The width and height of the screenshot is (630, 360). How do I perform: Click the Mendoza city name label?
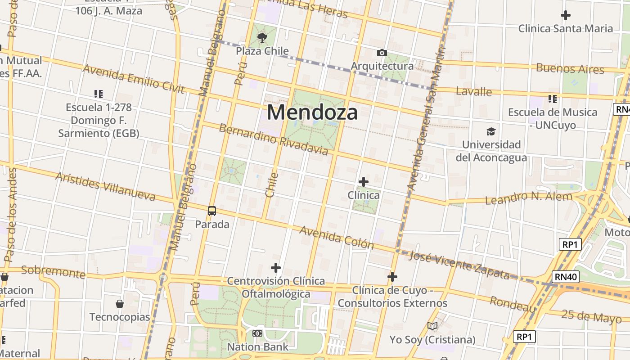point(312,112)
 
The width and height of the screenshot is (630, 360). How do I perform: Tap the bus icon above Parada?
point(212,211)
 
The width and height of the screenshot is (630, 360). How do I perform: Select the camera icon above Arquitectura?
point(382,53)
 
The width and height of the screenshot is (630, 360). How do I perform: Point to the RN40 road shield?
point(566,277)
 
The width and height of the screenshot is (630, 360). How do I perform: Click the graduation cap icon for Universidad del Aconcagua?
point(491,131)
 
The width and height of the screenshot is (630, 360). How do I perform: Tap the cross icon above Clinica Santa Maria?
point(565,15)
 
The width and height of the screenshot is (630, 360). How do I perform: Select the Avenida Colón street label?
point(337,238)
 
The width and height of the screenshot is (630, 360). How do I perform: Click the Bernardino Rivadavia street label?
point(273,139)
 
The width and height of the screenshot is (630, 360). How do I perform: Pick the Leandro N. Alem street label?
point(529,197)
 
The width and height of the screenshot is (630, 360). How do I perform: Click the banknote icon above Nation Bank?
point(257,333)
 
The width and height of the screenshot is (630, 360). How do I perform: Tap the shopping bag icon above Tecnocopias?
point(120,304)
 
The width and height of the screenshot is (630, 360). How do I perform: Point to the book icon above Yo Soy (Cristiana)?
point(432,326)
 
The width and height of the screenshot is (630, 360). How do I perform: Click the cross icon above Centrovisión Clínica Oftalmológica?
point(275,268)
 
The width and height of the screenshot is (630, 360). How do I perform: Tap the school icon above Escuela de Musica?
point(552,99)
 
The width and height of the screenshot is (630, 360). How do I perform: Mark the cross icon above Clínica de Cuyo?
point(392,276)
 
